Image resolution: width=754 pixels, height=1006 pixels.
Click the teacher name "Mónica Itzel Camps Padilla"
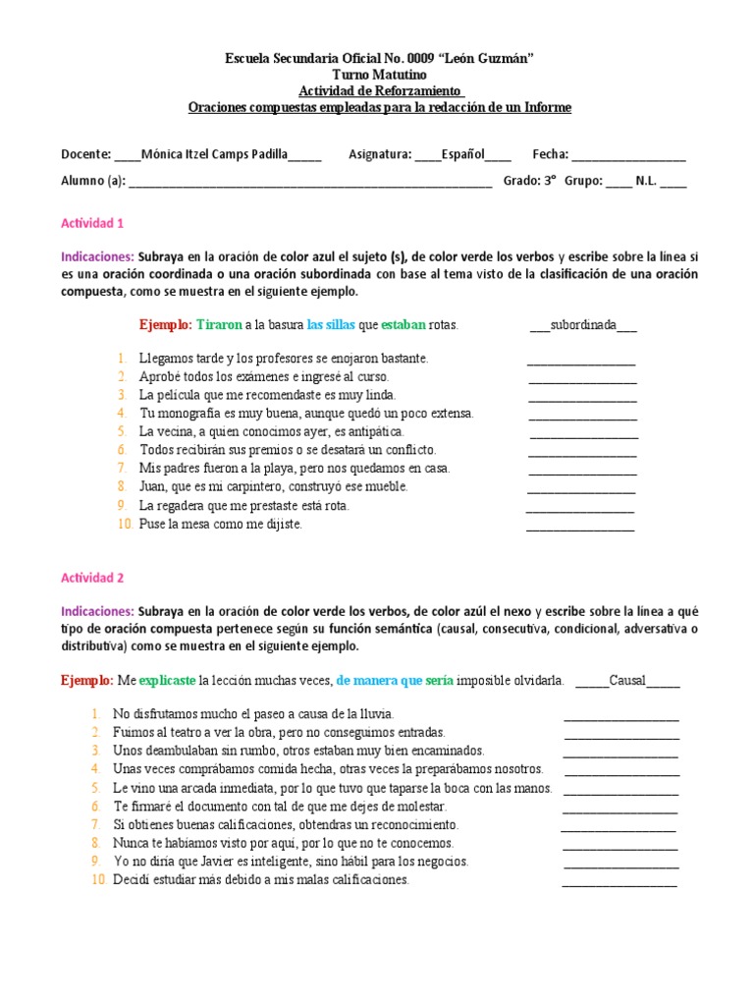[216, 154]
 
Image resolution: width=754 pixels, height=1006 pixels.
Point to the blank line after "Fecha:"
[628, 156]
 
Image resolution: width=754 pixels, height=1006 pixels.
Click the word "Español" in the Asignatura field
[462, 154]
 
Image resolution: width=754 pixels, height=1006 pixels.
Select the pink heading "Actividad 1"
[92, 223]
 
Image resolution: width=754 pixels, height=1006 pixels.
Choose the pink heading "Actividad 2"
[92, 578]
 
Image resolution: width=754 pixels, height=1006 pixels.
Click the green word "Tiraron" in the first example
[218, 324]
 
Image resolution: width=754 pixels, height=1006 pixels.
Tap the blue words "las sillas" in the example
[332, 324]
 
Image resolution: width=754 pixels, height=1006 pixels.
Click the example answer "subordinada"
[583, 324]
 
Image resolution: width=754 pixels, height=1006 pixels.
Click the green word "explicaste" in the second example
[167, 679]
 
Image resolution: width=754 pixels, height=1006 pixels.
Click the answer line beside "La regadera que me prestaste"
[580, 507]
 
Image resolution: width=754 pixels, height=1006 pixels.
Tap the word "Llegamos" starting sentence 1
[164, 359]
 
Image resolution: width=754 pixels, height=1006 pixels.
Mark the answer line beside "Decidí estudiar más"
[619, 881]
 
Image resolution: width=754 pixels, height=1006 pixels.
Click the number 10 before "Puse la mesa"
[125, 524]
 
